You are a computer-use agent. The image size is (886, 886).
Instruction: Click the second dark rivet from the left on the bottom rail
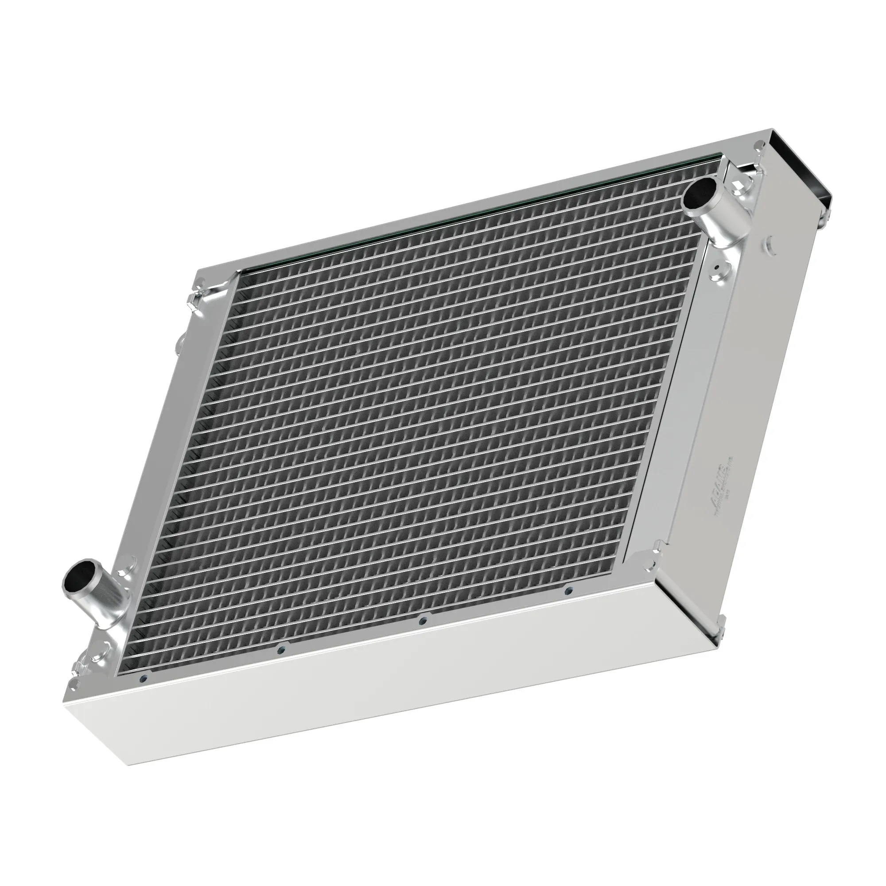(x=282, y=649)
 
